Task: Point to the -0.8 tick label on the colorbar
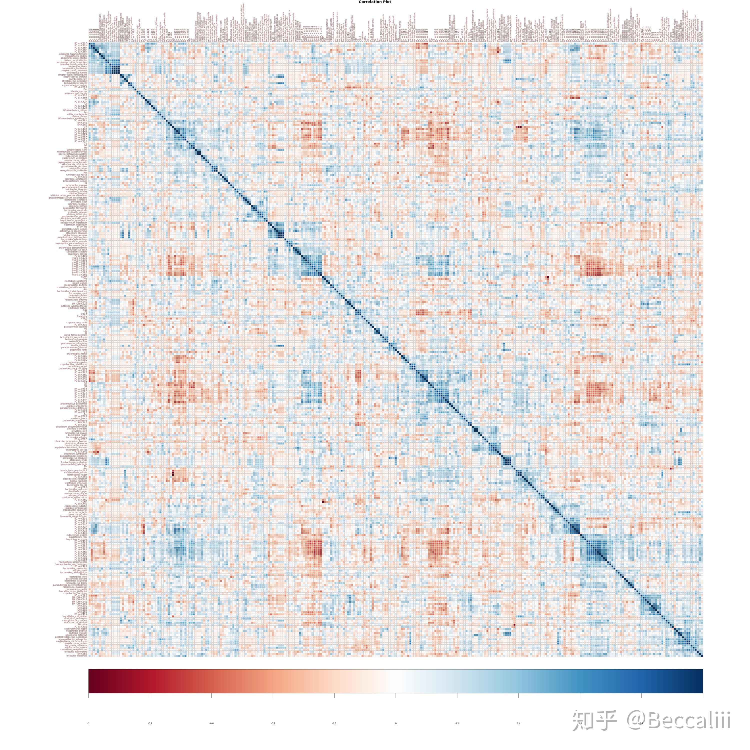[x=150, y=723]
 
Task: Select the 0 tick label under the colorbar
[x=395, y=723]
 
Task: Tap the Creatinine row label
[x=82, y=316]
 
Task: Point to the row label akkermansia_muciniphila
[x=74, y=164]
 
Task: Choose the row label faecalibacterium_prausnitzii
[x=73, y=591]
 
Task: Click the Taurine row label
[x=84, y=574]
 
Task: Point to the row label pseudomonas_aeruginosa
[x=74, y=343]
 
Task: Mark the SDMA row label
[x=84, y=277]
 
